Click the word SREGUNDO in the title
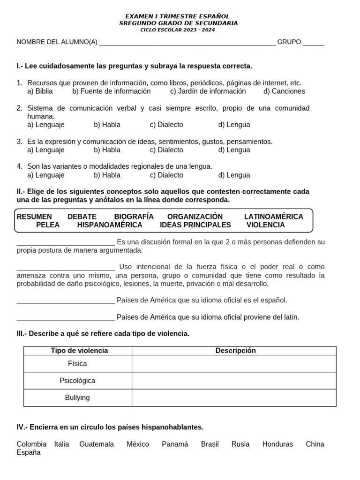click(x=135, y=23)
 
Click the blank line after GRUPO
click(x=314, y=42)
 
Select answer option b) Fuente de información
click(x=112, y=91)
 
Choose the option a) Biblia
click(x=40, y=91)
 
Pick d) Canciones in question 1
click(x=284, y=91)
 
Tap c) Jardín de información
click(x=208, y=91)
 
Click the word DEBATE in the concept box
click(x=82, y=217)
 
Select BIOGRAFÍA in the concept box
click(x=134, y=217)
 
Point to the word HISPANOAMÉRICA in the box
click(x=110, y=225)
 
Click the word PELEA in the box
click(x=48, y=225)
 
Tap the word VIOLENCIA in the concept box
click(x=266, y=225)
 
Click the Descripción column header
click(x=236, y=351)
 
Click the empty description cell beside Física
click(x=234, y=364)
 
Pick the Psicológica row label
click(x=77, y=381)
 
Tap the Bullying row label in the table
click(x=77, y=397)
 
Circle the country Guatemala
click(x=97, y=444)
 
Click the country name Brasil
click(x=210, y=444)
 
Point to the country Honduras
click(x=277, y=444)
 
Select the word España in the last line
click(x=29, y=453)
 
